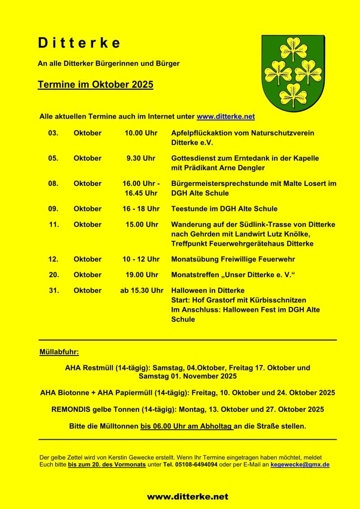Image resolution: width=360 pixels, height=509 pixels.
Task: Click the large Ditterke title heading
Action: click(79, 43)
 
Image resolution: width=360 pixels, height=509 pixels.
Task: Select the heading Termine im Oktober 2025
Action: click(95, 85)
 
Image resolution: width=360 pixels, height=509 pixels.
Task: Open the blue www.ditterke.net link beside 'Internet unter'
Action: click(225, 117)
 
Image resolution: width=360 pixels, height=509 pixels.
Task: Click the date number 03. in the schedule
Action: click(53, 133)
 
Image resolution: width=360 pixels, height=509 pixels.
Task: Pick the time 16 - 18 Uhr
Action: click(141, 209)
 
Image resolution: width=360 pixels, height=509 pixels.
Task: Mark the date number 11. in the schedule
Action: click(54, 225)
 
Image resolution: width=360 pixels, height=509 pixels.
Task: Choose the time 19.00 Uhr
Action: click(142, 275)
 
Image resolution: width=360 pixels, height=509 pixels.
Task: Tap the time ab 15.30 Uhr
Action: click(142, 291)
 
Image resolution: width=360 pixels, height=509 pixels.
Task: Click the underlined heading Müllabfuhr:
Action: click(59, 351)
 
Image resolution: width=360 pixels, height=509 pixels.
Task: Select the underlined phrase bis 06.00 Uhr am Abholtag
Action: click(187, 426)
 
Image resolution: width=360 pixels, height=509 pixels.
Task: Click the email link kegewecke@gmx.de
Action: click(300, 464)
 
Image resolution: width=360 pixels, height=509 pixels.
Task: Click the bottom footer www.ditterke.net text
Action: click(187, 497)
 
